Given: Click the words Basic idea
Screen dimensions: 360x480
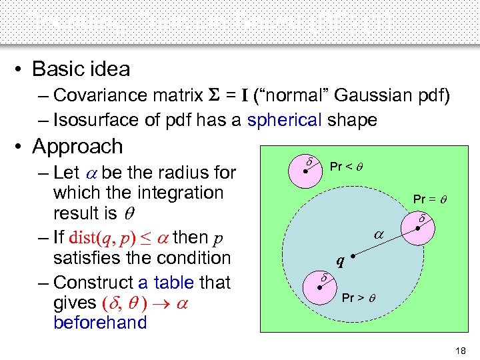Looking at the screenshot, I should pyautogui.click(x=81, y=69).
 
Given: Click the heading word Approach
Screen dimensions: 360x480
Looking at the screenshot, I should pyautogui.click(x=77, y=146).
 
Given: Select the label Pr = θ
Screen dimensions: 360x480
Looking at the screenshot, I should pyautogui.click(x=429, y=199).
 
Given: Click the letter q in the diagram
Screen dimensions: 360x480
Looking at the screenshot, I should pyautogui.click(x=341, y=262).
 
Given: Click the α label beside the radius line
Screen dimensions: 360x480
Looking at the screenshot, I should pyautogui.click(x=378, y=235).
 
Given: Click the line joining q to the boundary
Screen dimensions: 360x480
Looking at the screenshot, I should pyautogui.click(x=383, y=242).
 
